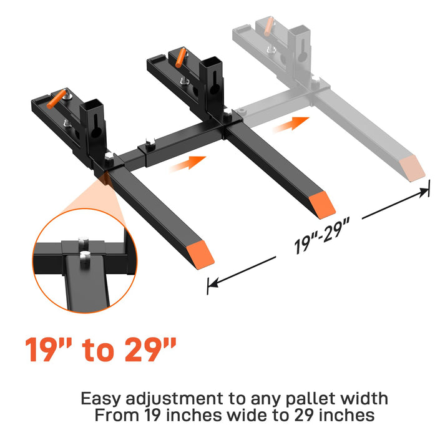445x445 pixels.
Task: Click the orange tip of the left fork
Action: coord(200,255)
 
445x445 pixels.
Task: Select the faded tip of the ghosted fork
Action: coord(412,169)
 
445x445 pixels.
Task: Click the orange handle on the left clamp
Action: coord(56,99)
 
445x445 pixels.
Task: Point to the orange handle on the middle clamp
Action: coord(181,57)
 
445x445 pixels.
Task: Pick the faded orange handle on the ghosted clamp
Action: coord(268,26)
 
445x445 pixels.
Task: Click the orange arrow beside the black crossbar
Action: coord(188,164)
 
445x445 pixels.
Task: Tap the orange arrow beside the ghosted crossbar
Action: coord(291,125)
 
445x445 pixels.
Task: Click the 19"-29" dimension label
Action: coord(321,235)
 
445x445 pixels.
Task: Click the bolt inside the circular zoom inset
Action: coord(84,259)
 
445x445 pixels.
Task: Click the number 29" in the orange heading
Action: coord(150,350)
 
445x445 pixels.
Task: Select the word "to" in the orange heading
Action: coord(99,351)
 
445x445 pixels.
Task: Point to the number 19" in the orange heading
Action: coord(49,350)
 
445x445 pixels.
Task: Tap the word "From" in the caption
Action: coord(117,415)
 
